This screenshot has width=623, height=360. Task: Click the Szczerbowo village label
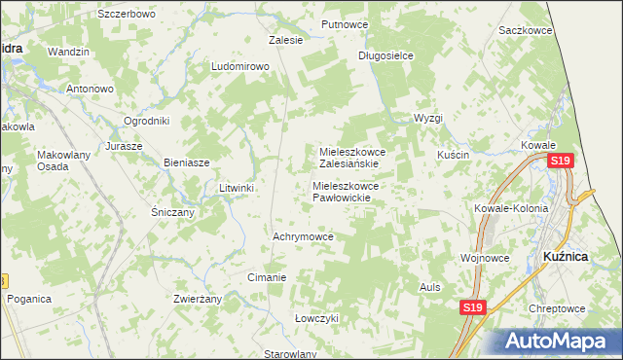128,15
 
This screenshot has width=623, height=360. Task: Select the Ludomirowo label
239,66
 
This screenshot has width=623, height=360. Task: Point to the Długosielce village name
385,55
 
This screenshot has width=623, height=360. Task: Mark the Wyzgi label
427,118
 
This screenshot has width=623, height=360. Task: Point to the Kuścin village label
454,156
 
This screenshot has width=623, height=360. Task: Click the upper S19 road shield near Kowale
560,162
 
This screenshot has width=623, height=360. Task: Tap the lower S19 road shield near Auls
472,308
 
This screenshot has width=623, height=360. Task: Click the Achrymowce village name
304,236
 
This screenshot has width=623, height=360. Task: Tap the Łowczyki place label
316,318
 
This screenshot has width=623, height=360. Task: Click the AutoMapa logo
559,342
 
